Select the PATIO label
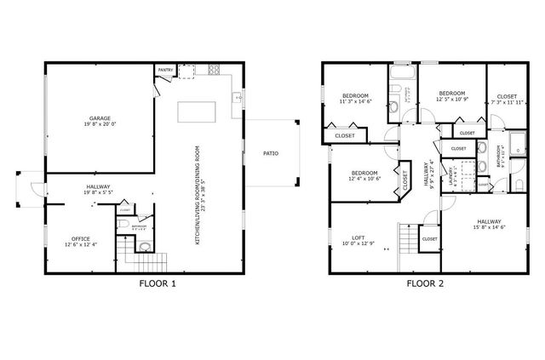tap(271, 153)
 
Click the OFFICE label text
tap(81, 238)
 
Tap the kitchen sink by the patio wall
tap(239, 99)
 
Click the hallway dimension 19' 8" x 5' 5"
tap(98, 193)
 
